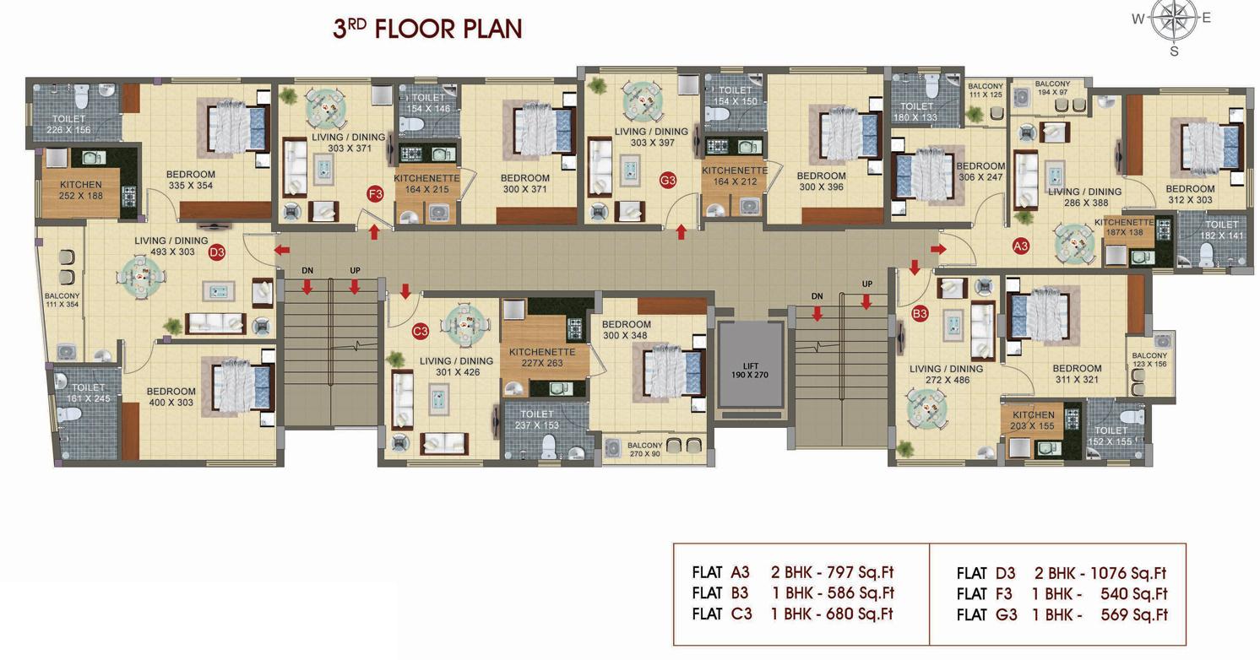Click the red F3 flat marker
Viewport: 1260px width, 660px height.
pos(376,195)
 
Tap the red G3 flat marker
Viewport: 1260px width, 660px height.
pos(668,180)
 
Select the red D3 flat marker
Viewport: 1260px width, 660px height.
pos(217,252)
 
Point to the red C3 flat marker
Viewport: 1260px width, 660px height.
pos(421,332)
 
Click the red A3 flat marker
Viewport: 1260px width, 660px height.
pos(1021,246)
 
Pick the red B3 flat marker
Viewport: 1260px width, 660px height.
pos(920,314)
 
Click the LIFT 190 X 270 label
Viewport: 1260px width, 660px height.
pos(749,370)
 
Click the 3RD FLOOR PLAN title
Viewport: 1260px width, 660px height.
pos(427,29)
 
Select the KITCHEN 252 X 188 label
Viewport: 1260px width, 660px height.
pos(81,190)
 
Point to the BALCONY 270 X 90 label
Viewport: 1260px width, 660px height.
pos(645,449)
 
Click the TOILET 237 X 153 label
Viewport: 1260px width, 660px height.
pos(536,419)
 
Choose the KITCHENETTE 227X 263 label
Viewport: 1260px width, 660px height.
pos(542,358)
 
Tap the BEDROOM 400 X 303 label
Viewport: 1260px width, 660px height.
pos(171,397)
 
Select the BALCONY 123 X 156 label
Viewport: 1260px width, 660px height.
pos(1149,360)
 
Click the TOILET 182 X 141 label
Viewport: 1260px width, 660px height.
pos(1221,230)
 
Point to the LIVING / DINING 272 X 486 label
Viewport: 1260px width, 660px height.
pos(946,374)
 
